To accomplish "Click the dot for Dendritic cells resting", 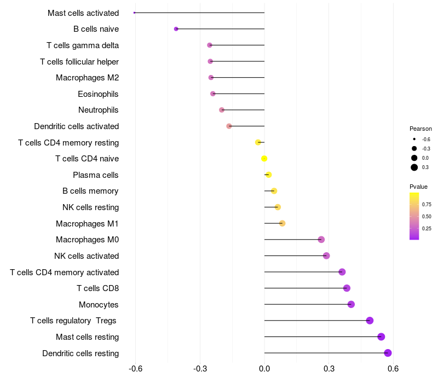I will [388, 353].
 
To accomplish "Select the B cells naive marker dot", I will [176, 29].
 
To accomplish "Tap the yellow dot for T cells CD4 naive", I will [264, 159].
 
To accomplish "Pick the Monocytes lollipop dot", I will [351, 304].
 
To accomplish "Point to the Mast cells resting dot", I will [381, 337].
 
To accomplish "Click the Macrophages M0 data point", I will [321, 240].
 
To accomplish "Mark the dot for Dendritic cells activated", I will [229, 126].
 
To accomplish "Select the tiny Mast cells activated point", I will [134, 13].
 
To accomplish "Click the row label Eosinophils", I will [98, 94].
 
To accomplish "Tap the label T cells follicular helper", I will [79, 61].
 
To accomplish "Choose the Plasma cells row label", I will [96, 175].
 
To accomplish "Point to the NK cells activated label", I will [87, 256].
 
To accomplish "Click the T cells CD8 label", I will [98, 288].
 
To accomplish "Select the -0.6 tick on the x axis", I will [135, 369].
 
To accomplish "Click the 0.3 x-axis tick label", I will [328, 369].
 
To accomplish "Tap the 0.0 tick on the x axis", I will [264, 369].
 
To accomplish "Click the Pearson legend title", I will [420, 129].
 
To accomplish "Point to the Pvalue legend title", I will [419, 187].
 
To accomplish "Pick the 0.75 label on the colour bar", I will [427, 205].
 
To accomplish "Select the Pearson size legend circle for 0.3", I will [414, 167].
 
